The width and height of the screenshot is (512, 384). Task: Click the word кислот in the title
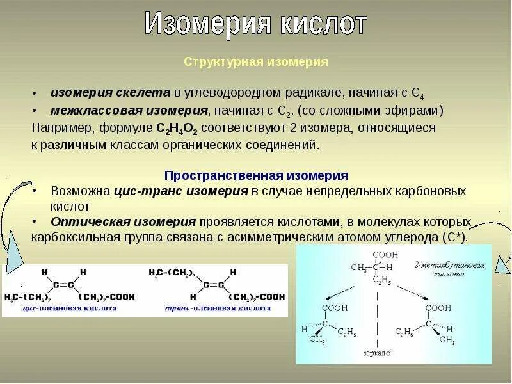tap(323, 24)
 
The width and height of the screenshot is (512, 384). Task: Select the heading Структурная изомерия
tap(256, 62)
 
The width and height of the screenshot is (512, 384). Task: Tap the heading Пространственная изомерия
tap(256, 175)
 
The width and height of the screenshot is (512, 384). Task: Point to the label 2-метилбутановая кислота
tap(458, 269)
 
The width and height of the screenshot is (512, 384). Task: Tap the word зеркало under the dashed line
tap(376, 353)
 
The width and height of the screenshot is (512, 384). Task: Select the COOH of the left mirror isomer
tap(334, 308)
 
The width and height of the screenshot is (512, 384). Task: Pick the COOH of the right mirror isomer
tap(439, 308)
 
